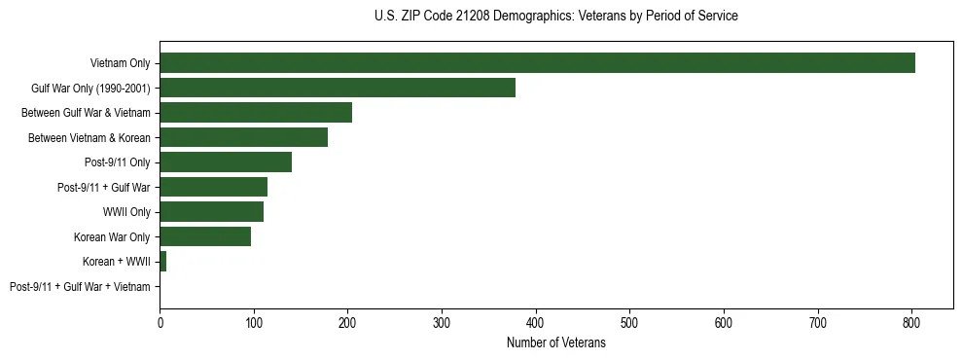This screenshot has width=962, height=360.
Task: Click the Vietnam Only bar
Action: pyautogui.click(x=537, y=63)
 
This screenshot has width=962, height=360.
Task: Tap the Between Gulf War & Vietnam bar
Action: pyautogui.click(x=256, y=113)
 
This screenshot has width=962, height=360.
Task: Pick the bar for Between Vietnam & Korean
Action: pyautogui.click(x=244, y=137)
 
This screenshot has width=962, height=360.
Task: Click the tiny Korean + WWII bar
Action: pyautogui.click(x=162, y=262)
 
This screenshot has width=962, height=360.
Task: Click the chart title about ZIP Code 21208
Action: pyautogui.click(x=555, y=17)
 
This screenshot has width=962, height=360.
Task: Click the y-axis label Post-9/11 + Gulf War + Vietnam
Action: pyautogui.click(x=80, y=287)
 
